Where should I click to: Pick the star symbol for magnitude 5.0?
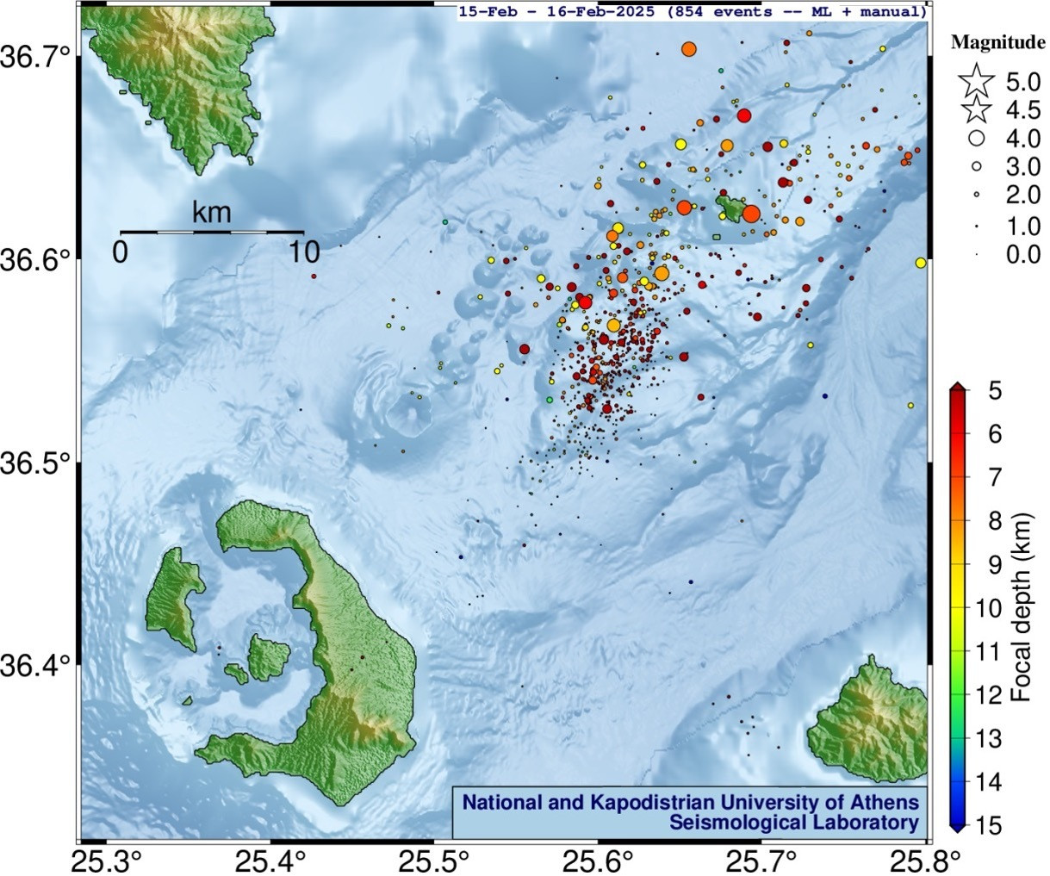tap(975, 83)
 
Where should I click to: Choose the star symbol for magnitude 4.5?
tap(976, 110)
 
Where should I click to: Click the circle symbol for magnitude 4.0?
tap(977, 138)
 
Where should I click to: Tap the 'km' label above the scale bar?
tap(211, 212)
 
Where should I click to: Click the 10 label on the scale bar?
tap(303, 252)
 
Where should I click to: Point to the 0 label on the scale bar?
tap(121, 252)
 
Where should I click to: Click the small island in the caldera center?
tap(269, 657)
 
